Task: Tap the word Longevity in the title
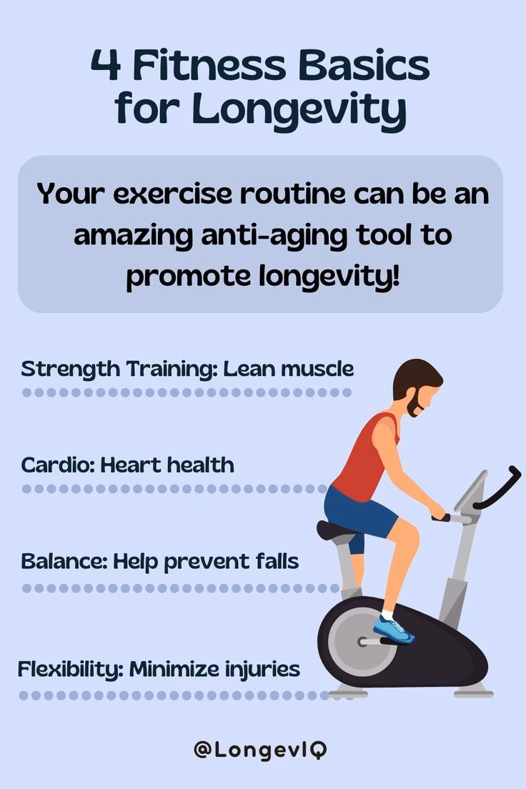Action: coord(299,110)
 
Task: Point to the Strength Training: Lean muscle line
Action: coord(187,369)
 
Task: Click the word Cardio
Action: coord(56,465)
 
